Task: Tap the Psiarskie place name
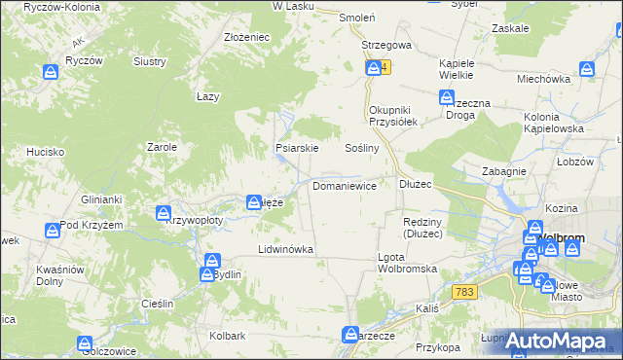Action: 297,149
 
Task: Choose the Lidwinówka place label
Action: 285,249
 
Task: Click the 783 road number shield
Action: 465,292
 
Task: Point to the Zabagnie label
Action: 504,171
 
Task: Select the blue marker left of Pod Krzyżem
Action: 52,232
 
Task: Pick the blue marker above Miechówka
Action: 586,69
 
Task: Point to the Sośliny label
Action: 361,148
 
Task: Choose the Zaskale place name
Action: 510,28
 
